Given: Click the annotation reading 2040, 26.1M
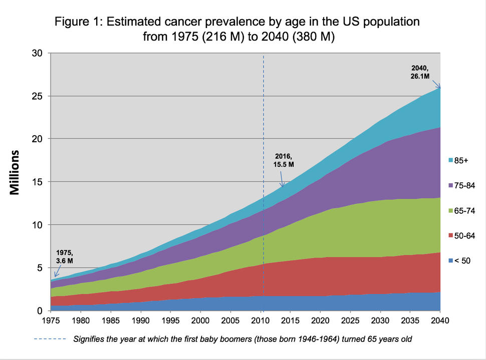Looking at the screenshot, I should tap(420, 72).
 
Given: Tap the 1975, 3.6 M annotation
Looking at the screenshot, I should tap(64, 257).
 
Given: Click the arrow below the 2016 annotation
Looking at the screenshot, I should tap(282, 179).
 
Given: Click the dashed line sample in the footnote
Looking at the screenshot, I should tap(50, 339).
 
